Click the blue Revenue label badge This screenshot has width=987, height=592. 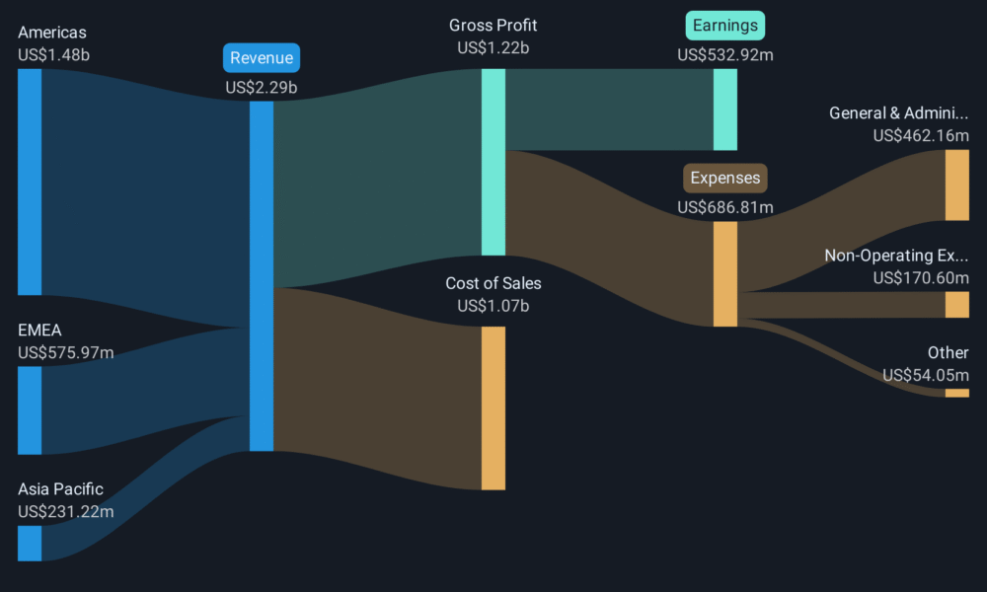262,58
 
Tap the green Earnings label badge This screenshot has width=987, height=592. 725,26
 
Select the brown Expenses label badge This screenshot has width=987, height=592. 725,178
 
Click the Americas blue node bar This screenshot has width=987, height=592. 30,182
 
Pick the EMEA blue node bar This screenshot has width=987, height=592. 30,410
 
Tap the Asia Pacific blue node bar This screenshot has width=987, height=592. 30,543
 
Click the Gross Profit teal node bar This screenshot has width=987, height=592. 493,163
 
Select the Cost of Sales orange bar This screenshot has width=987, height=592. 493,407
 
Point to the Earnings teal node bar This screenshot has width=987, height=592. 725,110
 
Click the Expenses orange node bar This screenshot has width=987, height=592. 725,273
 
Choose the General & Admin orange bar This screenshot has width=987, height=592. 956,185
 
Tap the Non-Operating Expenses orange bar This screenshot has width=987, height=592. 956,305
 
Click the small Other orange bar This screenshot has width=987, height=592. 956,394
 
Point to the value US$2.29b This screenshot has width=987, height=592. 262,88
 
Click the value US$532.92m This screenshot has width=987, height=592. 725,55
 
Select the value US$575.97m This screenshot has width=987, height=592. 65,352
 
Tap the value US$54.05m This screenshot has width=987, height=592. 926,376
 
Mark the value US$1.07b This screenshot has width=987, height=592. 493,306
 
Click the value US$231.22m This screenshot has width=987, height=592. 65,511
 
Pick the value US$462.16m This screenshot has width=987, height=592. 921,135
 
